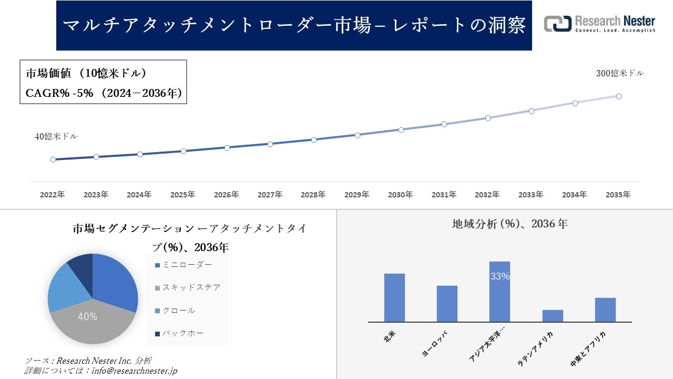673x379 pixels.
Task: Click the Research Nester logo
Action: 599,24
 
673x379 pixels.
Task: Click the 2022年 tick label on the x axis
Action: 53,195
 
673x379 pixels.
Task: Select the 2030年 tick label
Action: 400,195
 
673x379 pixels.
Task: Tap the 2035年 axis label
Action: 618,195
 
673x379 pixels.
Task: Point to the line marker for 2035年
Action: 619,96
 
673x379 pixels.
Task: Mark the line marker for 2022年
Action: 53,159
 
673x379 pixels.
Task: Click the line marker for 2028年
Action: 314,140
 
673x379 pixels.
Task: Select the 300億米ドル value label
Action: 619,74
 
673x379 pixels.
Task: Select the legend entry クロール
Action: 179,311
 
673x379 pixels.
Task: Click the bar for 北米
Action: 394,297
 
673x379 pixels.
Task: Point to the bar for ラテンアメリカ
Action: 553,316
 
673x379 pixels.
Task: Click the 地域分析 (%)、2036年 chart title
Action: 509,224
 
